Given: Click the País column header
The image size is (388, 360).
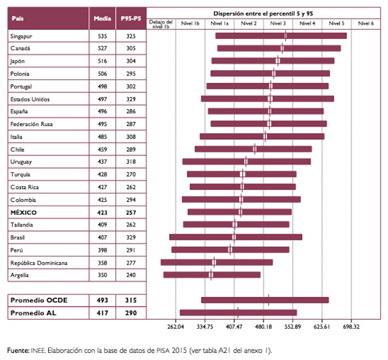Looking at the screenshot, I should point(18,18).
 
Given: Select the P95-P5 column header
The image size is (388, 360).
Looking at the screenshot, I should point(131,18).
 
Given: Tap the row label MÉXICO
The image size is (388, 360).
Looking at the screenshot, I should point(24,212).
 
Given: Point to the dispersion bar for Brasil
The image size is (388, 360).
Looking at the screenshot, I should point(236,237).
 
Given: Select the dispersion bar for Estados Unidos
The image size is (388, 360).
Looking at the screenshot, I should point(267,99).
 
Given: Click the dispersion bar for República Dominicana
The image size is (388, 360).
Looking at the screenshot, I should point(216,262).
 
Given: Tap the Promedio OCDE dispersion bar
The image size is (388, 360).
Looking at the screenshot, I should point(265,300).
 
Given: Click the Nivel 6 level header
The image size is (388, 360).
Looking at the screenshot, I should point(365,23).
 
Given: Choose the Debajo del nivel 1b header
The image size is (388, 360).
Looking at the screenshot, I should point(161,23).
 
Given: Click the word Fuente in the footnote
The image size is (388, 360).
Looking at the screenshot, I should point(18,350).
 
